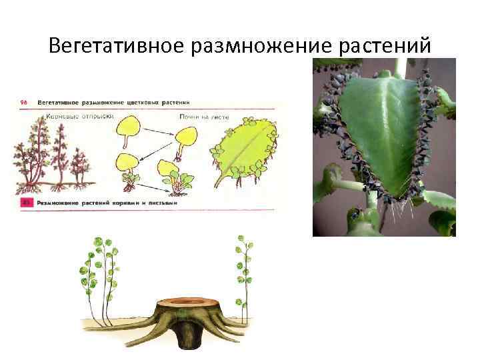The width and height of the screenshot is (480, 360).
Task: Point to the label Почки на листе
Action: pyautogui.click(x=203, y=116)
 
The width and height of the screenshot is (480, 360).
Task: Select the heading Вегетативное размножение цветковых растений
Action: pyautogui.click(x=113, y=103)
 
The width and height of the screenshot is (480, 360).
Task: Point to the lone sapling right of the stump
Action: pyautogui.click(x=242, y=273)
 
